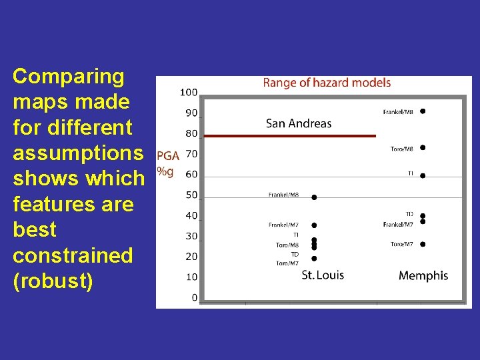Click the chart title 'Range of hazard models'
[x=327, y=83]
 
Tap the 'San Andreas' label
[x=298, y=123]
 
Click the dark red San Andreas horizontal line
[x=290, y=135]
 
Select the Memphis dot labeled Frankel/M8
[x=423, y=111]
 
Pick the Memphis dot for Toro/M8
[x=423, y=148]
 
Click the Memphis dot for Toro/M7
[x=423, y=244]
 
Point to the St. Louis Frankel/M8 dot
[x=314, y=197]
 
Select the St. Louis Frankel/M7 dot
[x=314, y=225]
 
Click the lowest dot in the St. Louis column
[x=314, y=259]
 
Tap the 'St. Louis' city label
[x=323, y=275]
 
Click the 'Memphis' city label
[x=423, y=275]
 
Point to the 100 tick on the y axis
[x=189, y=92]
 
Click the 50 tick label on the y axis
[x=191, y=195]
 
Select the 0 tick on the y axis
[x=194, y=297]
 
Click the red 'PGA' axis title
[x=167, y=156]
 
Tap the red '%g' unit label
[x=165, y=171]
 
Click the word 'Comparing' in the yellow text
[x=69, y=77]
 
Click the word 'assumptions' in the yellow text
[x=78, y=153]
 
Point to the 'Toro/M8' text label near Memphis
[x=401, y=149]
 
